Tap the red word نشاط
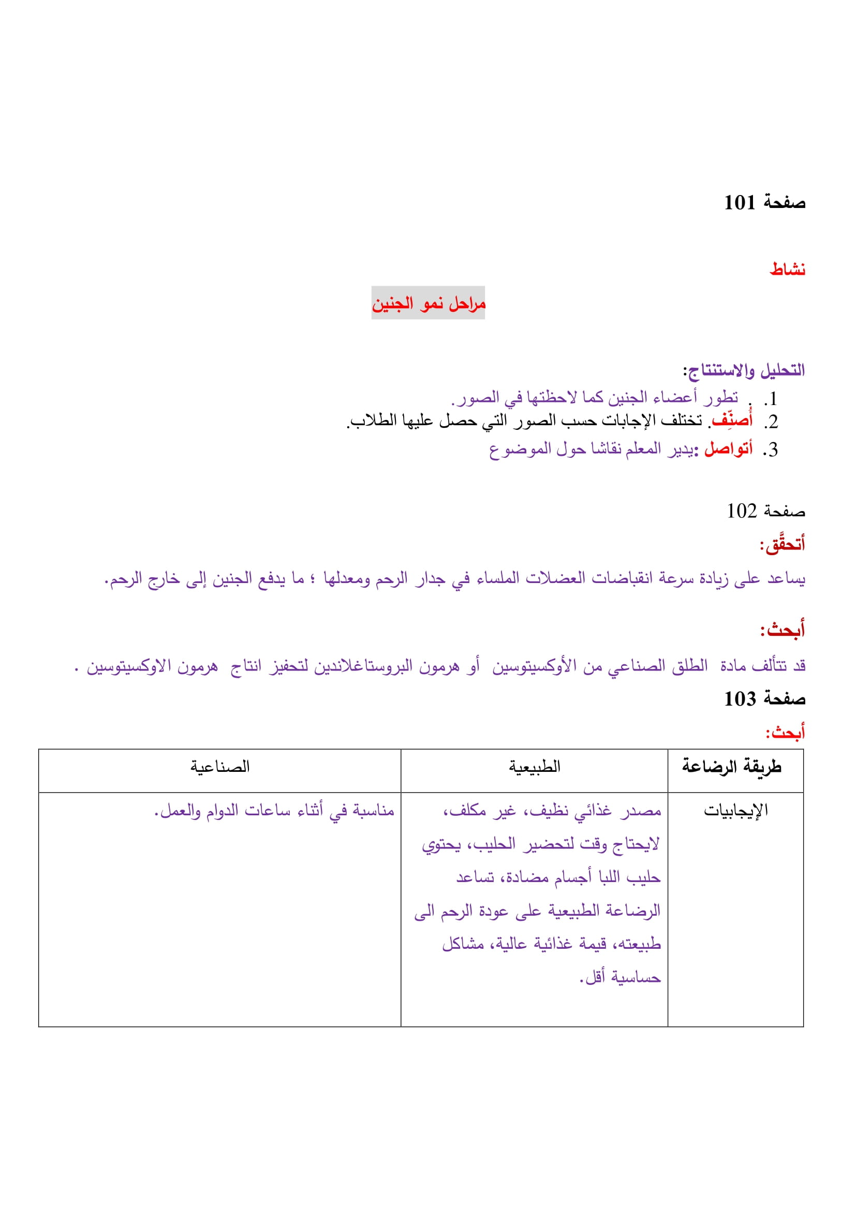[787, 270]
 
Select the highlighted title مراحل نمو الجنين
[428, 304]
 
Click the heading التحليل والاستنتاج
[744, 370]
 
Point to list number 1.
[770, 399]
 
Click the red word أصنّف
[732, 421]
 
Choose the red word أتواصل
[728, 449]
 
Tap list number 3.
[770, 450]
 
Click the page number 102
[742, 511]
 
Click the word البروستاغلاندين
[364, 667]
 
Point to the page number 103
[740, 699]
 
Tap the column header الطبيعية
[534, 767]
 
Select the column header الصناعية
[220, 767]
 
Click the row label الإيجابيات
[735, 810]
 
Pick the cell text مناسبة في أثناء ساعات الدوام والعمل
[274, 811]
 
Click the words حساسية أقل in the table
[621, 978]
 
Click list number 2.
[770, 422]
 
